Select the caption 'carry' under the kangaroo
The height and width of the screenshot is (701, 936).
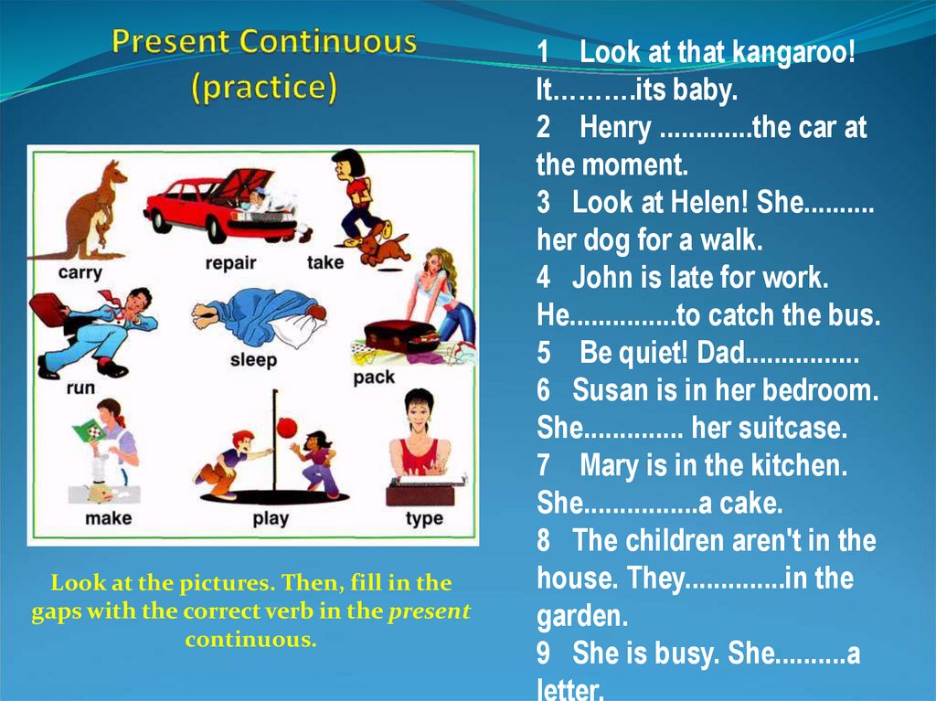pyautogui.click(x=80, y=272)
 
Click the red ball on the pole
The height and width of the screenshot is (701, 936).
pyautogui.click(x=287, y=427)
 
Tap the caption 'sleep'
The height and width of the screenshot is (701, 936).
pyautogui.click(x=253, y=360)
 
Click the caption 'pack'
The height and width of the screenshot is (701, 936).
pyautogui.click(x=374, y=377)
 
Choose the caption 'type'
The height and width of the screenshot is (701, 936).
pyautogui.click(x=424, y=519)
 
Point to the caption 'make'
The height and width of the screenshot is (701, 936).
pyautogui.click(x=108, y=518)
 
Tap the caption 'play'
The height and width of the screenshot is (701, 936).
pyautogui.click(x=270, y=519)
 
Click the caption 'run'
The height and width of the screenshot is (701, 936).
pyautogui.click(x=80, y=388)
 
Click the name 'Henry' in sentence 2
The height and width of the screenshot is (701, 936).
pyautogui.click(x=615, y=129)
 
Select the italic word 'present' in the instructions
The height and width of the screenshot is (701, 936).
pyautogui.click(x=430, y=611)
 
